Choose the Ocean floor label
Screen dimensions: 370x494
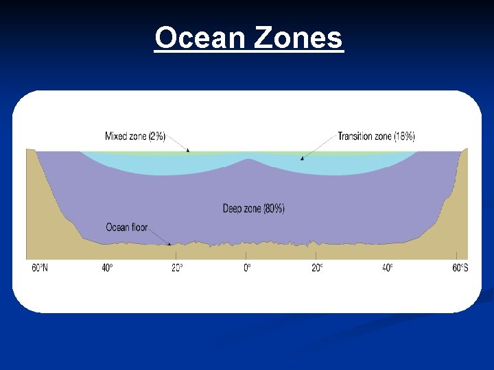click(126, 227)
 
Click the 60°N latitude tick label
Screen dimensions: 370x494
click(40, 268)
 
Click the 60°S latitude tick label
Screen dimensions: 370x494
click(460, 268)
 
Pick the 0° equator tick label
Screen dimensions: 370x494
click(247, 268)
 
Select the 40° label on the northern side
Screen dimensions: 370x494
click(107, 268)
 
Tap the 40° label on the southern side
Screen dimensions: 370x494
click(388, 268)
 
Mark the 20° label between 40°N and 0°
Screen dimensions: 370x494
click(177, 268)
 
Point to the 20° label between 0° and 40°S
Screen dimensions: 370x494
click(318, 268)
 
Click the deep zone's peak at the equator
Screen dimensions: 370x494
click(247, 161)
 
